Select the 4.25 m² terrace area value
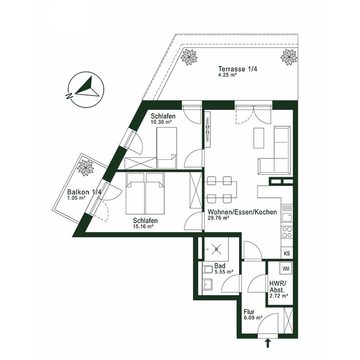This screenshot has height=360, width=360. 228,75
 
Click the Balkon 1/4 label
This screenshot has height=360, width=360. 84,192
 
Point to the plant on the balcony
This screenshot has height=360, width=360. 87,168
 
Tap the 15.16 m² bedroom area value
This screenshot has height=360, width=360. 144,227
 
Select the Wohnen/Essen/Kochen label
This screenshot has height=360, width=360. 242,212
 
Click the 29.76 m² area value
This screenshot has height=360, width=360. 218,218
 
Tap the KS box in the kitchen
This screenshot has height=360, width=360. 287,253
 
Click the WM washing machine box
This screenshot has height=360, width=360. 286,268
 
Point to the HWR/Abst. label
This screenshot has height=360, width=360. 278,287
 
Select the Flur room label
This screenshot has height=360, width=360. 250,311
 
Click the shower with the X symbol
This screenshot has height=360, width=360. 217,249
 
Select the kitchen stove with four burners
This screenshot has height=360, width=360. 287,232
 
